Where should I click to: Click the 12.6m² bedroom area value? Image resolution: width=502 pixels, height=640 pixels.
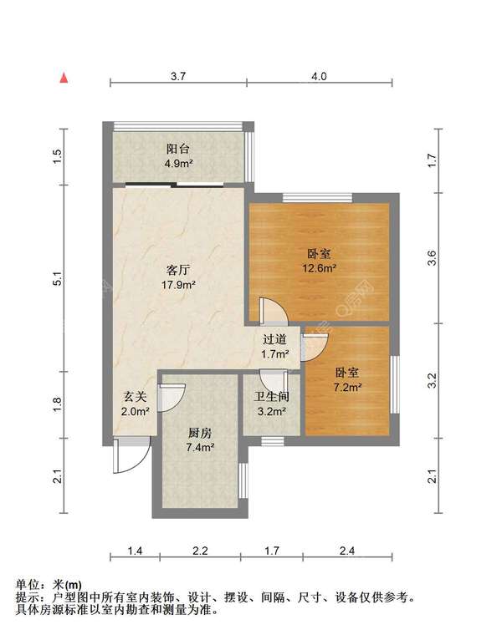pos(320,268)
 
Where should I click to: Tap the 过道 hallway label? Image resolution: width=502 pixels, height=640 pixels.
pos(275,340)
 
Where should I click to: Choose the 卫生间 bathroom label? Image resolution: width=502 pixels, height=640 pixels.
pos(272,396)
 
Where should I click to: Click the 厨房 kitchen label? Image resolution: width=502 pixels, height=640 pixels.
pos(199,433)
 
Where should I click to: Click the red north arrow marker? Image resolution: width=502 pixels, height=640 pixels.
pos(63,79)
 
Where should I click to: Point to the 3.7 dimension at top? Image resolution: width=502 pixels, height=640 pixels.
pos(177,76)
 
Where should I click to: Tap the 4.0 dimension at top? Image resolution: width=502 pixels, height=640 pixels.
pos(319,76)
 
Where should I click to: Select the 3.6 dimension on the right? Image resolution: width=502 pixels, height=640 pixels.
pos(432,258)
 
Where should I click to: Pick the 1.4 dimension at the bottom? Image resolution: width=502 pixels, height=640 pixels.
pos(135,551)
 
